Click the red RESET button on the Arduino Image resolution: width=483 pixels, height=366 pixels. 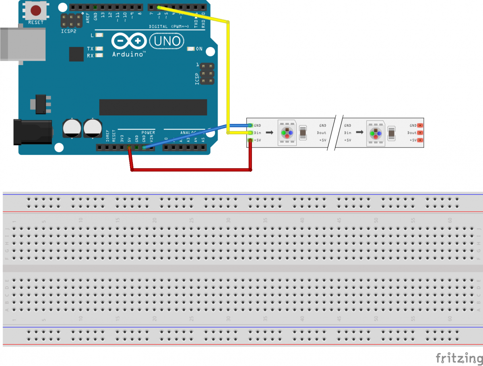tap(36, 10)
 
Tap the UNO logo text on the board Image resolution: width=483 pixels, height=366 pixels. tap(167, 41)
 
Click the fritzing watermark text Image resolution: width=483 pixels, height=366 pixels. tap(459, 357)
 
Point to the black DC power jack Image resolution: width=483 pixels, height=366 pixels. tap(32, 132)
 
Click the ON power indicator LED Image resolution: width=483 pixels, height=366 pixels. tap(191, 49)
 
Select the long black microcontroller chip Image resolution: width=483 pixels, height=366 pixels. tap(153, 107)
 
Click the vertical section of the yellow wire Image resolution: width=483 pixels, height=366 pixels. tap(228, 76)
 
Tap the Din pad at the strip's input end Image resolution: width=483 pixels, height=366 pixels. tap(250, 133)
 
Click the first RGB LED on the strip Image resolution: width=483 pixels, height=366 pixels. tap(287, 132)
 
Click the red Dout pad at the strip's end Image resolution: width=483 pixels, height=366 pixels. tap(420, 133)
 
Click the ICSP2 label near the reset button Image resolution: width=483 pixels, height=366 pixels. tap(68, 31)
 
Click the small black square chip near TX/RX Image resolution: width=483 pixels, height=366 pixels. tap(76, 54)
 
